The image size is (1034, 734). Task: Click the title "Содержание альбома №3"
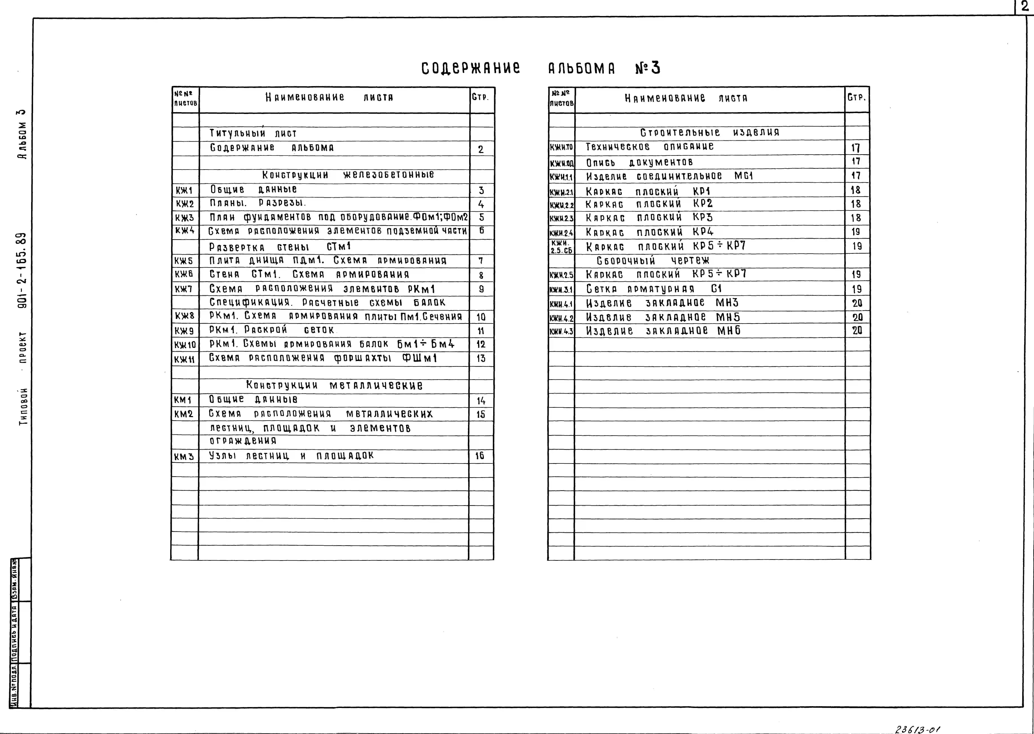pyautogui.click(x=540, y=68)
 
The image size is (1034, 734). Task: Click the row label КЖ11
pyautogui.click(x=184, y=359)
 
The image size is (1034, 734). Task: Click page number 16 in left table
pyautogui.click(x=480, y=456)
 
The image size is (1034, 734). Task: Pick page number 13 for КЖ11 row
pyautogui.click(x=481, y=358)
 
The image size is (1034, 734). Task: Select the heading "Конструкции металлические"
pyautogui.click(x=334, y=386)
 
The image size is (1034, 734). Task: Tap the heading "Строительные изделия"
pyautogui.click(x=710, y=132)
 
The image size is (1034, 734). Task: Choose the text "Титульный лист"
pyautogui.click(x=253, y=133)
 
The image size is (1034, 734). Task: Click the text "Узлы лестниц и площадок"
pyautogui.click(x=291, y=456)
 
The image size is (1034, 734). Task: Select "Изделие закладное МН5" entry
pyautogui.click(x=663, y=317)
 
